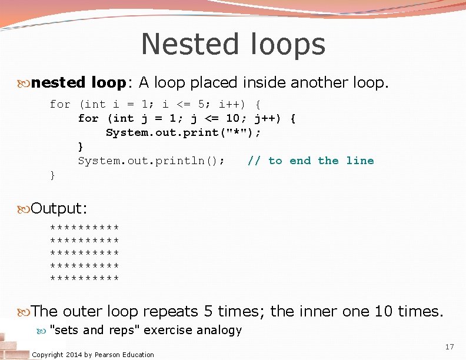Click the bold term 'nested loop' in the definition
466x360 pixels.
(x=78, y=83)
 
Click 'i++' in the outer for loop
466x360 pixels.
(x=228, y=105)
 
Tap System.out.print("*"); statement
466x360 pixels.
(x=183, y=133)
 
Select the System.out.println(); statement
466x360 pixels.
(x=151, y=161)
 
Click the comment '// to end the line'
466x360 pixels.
(x=311, y=161)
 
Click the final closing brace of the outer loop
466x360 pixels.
(x=53, y=175)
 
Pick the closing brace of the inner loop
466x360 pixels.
(x=81, y=146)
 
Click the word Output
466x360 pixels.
(x=59, y=209)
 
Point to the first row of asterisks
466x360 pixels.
(x=85, y=228)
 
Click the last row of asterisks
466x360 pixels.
(x=85, y=277)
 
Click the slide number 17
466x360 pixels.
(x=450, y=347)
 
